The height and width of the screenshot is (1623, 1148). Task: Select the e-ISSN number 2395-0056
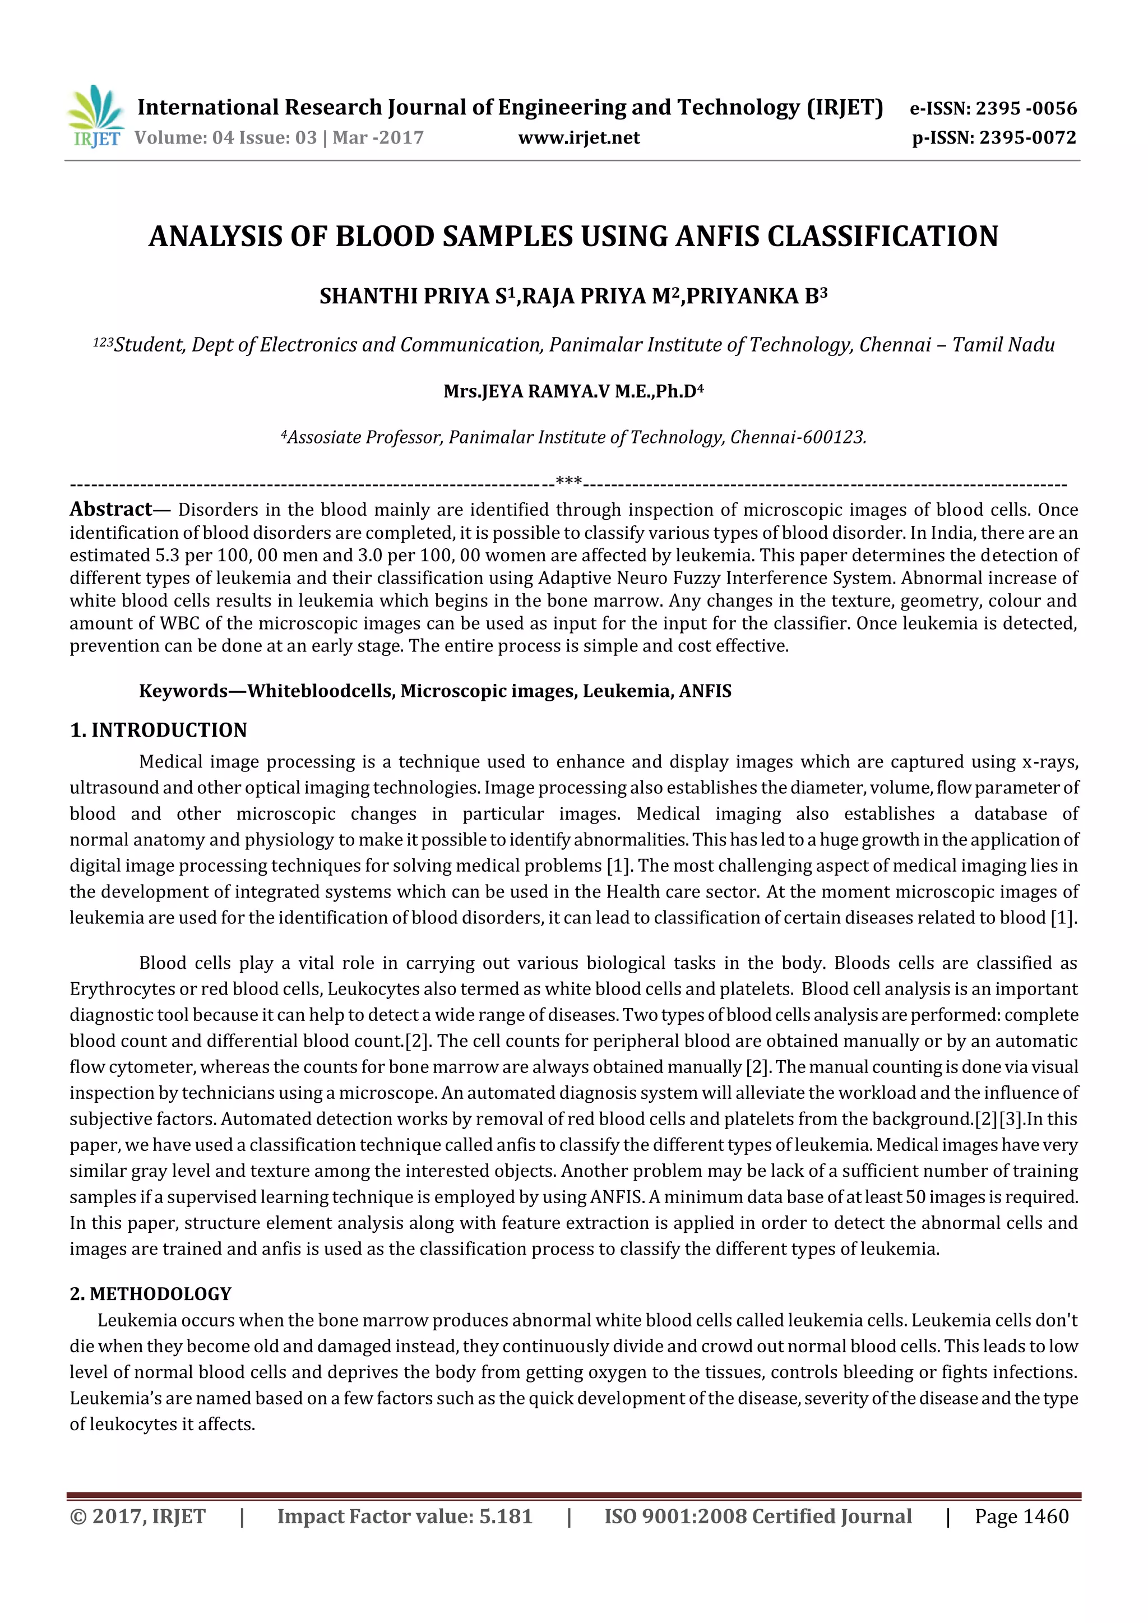click(x=1026, y=108)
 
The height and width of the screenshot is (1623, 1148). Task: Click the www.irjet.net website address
click(x=578, y=138)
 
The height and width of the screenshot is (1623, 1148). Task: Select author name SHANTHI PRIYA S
click(x=417, y=296)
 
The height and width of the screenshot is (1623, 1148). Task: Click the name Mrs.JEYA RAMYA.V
click(x=527, y=392)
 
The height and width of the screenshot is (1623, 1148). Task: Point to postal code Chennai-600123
click(x=798, y=437)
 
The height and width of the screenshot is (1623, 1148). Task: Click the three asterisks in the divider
click(x=569, y=482)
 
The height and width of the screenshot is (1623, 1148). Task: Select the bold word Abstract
click(x=111, y=509)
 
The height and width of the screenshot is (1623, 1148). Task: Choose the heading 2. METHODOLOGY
click(x=151, y=1293)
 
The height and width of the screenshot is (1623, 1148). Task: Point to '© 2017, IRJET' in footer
click(x=138, y=1516)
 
